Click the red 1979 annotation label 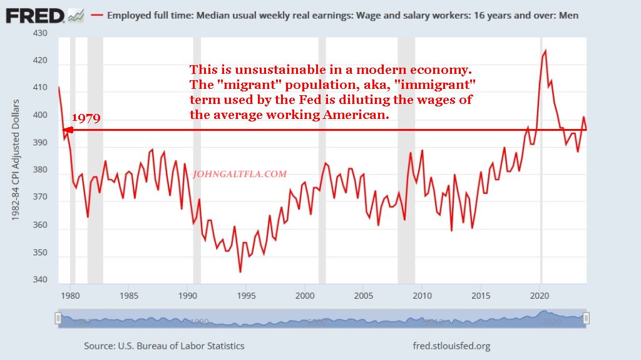(86, 118)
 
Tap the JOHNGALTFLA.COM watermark (240, 174)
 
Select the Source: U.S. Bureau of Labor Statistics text (164, 346)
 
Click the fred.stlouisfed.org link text (451, 346)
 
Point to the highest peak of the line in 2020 (545, 51)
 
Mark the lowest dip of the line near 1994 (240, 272)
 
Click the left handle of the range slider (58, 319)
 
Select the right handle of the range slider (587, 319)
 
